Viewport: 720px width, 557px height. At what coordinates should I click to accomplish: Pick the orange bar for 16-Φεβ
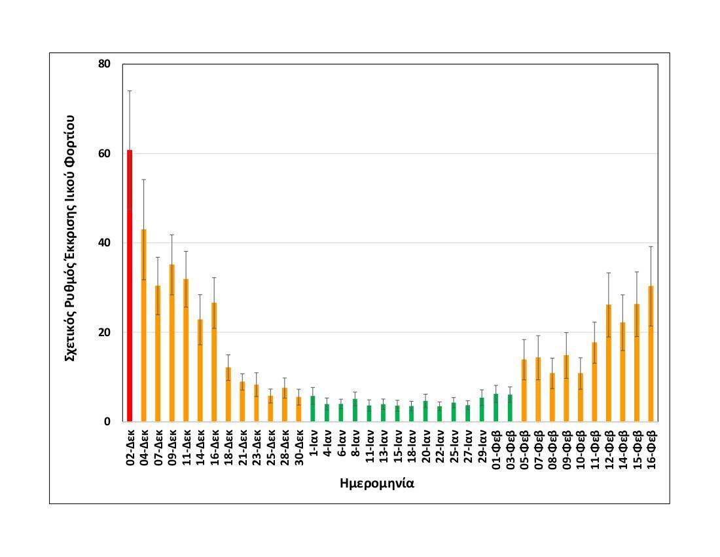(651, 354)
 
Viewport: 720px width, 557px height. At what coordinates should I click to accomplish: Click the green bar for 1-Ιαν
(312, 409)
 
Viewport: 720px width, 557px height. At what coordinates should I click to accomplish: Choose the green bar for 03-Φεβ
(509, 408)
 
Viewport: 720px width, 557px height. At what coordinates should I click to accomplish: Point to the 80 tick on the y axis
(105, 64)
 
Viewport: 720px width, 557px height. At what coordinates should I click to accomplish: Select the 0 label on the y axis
(107, 422)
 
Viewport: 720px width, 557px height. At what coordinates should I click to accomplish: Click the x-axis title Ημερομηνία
(377, 484)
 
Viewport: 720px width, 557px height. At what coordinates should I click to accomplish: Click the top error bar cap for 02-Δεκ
(130, 90)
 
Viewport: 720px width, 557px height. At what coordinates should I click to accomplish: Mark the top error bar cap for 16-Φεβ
(651, 246)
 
